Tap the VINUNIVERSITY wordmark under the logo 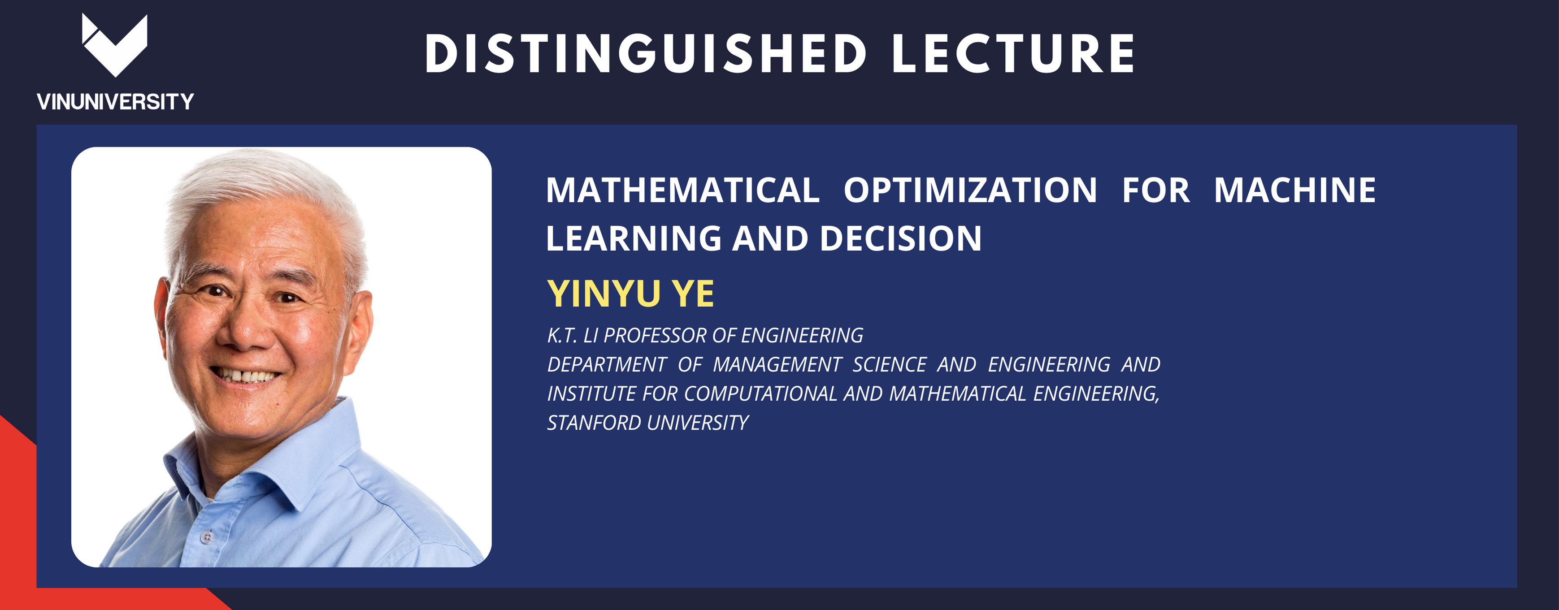115,102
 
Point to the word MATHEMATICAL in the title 683,190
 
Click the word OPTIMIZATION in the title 970,190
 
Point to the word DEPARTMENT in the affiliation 606,364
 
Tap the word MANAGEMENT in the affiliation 777,364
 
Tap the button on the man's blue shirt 208,537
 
